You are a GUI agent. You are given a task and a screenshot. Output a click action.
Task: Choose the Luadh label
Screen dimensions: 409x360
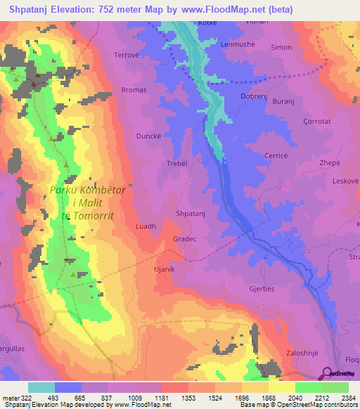[146, 226]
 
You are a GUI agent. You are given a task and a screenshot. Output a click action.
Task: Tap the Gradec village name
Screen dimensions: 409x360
[185, 239]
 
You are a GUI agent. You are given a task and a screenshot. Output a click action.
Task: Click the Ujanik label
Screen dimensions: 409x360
[164, 269]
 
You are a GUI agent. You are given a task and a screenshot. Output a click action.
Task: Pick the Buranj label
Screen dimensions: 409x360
[283, 102]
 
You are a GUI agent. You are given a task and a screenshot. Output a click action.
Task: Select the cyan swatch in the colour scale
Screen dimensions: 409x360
[41, 387]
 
